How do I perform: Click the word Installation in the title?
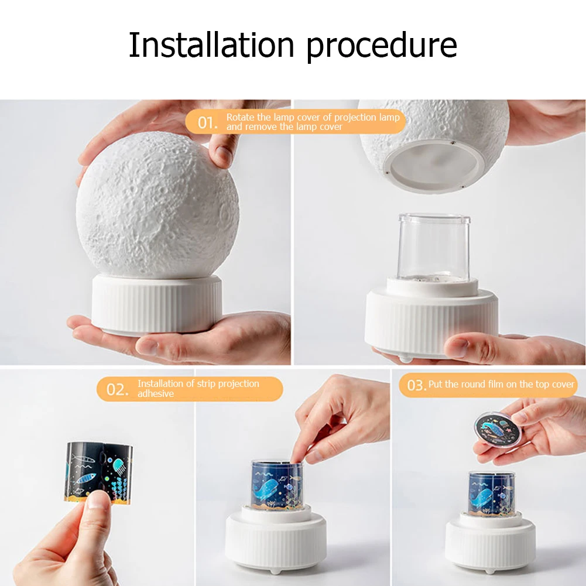(212, 45)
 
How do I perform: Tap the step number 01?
(207, 122)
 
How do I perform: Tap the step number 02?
(118, 389)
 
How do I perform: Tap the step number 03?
(416, 385)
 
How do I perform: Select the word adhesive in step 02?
(156, 394)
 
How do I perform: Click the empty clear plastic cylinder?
(433, 246)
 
